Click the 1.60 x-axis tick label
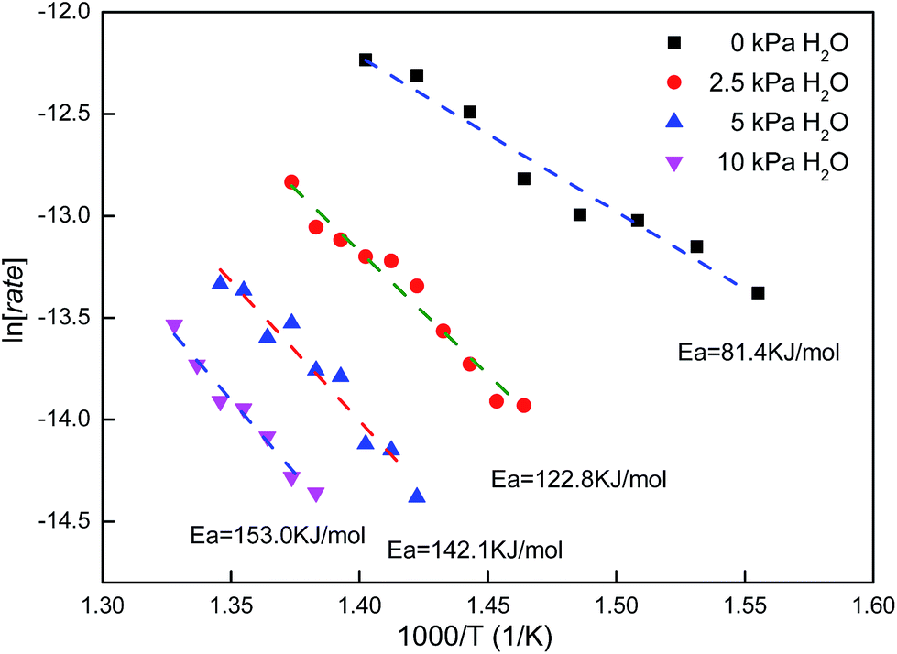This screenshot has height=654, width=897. click(x=871, y=605)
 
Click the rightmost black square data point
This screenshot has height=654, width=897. click(x=758, y=293)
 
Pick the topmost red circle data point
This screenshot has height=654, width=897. click(x=291, y=182)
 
